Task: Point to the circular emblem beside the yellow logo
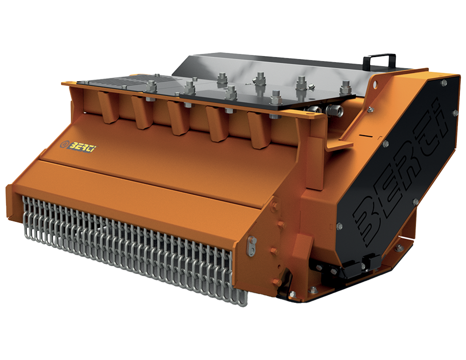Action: pos(64,145)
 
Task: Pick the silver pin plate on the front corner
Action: pos(251,246)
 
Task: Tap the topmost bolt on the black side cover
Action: pos(444,83)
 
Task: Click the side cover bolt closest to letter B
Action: pos(339,226)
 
